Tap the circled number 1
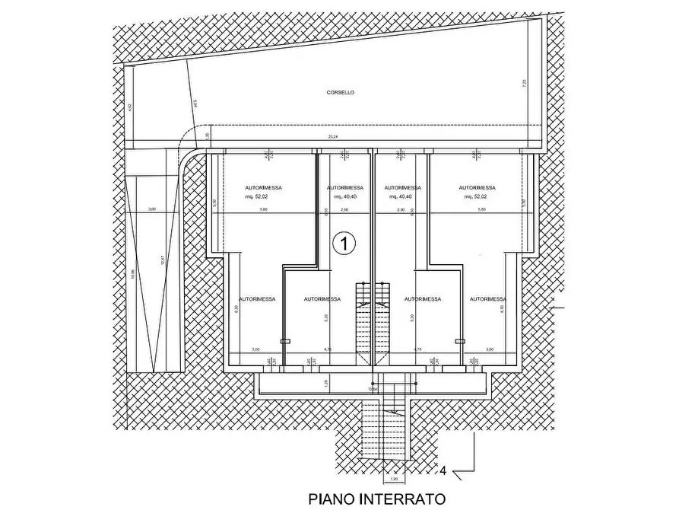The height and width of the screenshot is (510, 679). point(344,244)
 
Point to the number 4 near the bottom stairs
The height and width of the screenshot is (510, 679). point(443,472)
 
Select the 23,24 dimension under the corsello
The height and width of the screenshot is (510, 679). point(333,138)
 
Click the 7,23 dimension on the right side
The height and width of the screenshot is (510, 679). point(524,84)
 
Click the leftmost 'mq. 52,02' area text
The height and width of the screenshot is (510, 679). point(255,196)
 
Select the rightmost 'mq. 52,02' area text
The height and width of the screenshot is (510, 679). point(477,196)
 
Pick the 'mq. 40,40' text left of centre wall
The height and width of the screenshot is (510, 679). point(344,196)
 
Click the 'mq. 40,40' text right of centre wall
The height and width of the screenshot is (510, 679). point(400,196)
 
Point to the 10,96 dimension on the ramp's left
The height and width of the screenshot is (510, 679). point(133,275)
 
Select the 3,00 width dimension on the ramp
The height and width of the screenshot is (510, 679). point(151,209)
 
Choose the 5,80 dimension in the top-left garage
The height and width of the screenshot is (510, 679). point(263,209)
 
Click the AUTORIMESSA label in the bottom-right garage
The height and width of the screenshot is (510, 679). point(487,299)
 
